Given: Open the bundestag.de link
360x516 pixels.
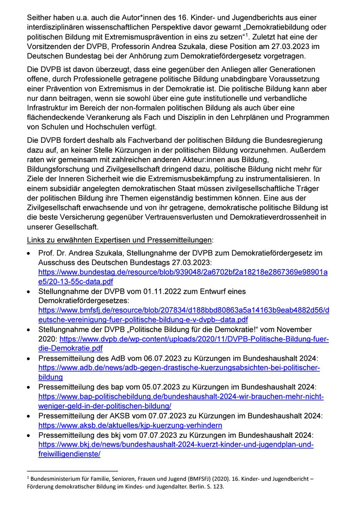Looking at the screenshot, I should pyautogui.click(x=183, y=272).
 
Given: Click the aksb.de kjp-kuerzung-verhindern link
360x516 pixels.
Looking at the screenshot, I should pyautogui.click(x=130, y=425).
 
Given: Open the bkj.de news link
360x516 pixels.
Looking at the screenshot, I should pyautogui.click(x=176, y=444).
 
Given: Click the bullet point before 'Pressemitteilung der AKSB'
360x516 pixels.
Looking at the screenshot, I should pyautogui.click(x=28, y=415).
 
